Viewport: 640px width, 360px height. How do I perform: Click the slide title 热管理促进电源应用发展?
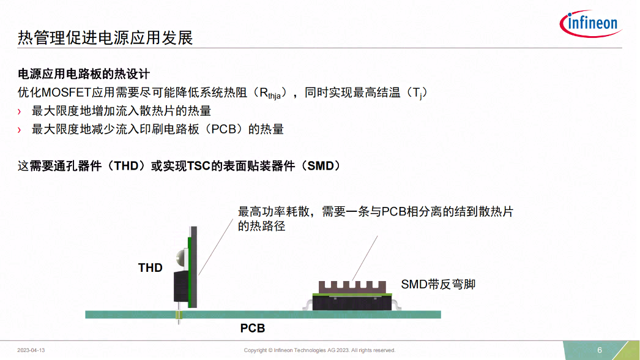coord(105,38)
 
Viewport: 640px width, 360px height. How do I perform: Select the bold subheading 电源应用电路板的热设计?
coord(84,74)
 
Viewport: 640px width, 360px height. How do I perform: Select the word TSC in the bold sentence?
coord(199,166)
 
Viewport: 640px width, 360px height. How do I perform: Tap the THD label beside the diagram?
coord(151,268)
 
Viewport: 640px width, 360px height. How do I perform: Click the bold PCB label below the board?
coord(252,328)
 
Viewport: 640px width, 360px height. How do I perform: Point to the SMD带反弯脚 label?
coord(438,284)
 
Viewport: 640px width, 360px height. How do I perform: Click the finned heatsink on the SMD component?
coord(352,286)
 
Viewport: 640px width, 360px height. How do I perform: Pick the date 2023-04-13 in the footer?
coord(31,350)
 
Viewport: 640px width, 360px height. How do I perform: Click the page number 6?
coord(600,350)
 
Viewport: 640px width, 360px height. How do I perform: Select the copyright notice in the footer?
coord(319,350)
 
